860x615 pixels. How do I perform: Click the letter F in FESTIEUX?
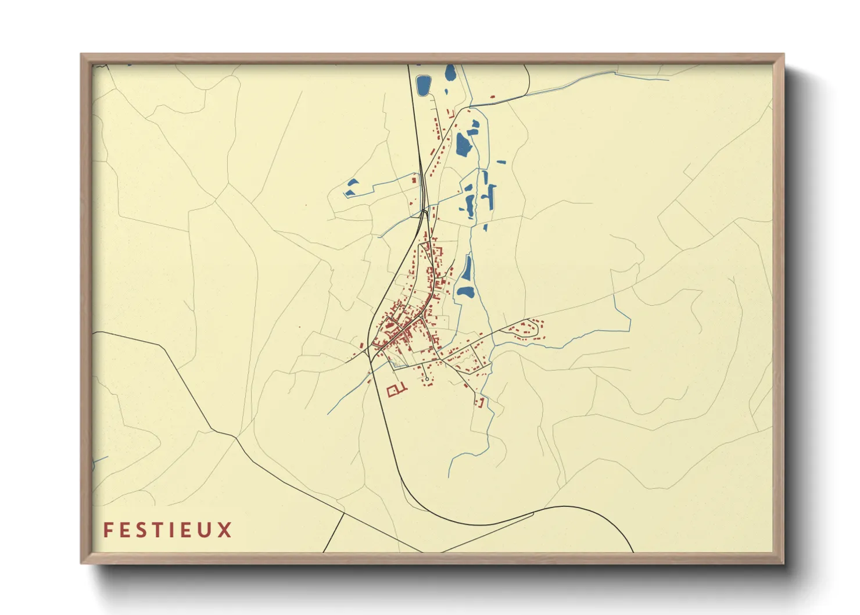108,530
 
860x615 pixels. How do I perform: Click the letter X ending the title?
225,530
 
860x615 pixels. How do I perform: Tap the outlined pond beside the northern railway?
422,85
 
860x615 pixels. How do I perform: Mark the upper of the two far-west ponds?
352,184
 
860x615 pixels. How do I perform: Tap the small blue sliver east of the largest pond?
501,162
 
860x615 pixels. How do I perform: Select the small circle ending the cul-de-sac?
427,380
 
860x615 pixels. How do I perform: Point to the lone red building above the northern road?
492,97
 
